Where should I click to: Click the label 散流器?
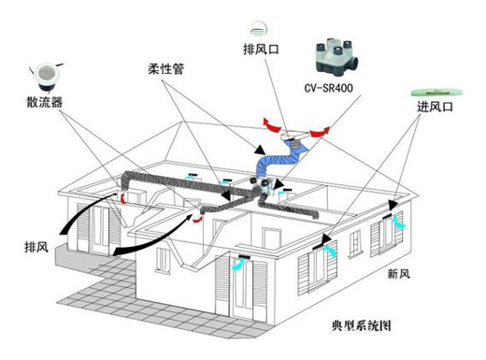pyautogui.click(x=44, y=102)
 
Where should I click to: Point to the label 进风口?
pyautogui.click(x=434, y=109)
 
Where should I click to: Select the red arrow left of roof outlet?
pyautogui.click(x=270, y=122)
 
